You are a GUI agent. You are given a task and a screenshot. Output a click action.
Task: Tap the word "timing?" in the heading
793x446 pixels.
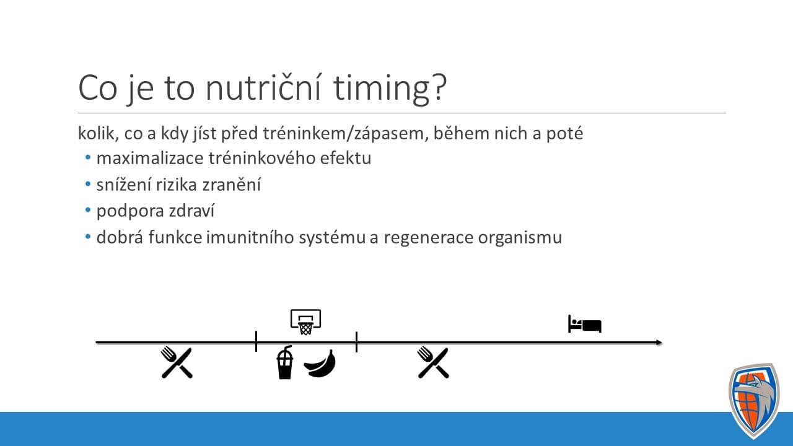click(x=390, y=89)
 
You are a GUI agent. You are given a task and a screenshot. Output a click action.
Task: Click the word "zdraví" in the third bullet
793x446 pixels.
click(x=191, y=211)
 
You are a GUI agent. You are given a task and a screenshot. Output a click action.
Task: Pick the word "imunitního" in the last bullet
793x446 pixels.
click(x=250, y=237)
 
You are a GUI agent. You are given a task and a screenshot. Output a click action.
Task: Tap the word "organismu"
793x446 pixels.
click(x=520, y=237)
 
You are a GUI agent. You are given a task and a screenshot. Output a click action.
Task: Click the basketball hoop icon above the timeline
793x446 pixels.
click(x=306, y=322)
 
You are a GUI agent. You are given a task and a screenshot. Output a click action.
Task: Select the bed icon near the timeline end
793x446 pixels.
click(x=585, y=324)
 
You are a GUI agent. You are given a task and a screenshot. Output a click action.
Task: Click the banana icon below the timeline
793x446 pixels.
click(x=320, y=364)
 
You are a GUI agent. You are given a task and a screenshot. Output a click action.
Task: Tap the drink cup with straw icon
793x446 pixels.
click(x=284, y=362)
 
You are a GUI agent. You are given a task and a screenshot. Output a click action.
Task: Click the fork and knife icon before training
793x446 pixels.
click(x=177, y=362)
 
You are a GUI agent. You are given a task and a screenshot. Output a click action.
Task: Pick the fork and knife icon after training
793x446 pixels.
click(x=433, y=362)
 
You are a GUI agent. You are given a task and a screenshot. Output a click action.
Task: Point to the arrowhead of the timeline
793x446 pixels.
click(x=659, y=343)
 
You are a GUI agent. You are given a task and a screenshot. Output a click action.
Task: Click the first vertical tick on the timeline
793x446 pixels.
click(x=256, y=341)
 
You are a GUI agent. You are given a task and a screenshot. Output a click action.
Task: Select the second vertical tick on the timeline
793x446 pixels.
click(x=356, y=342)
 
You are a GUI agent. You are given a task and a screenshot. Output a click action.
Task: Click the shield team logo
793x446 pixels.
click(x=755, y=401)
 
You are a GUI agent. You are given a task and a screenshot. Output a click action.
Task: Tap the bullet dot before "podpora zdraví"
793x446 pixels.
click(x=88, y=210)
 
